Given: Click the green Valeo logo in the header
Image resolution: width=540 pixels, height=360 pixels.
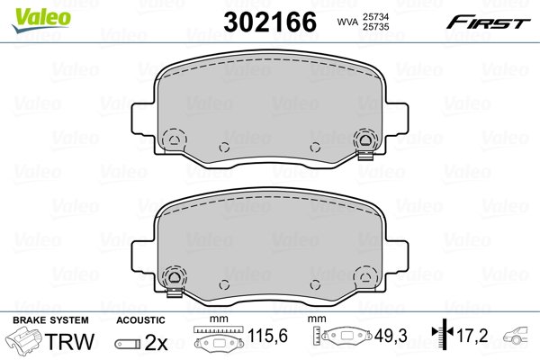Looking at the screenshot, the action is [41, 20].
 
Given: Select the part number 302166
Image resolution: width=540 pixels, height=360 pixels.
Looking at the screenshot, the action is [270, 22].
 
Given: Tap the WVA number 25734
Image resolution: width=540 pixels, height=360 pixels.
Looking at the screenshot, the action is [375, 16].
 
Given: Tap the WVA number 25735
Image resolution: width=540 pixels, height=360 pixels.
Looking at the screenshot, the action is [375, 27].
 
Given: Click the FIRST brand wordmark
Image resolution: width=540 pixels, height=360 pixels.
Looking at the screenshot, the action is [488, 22].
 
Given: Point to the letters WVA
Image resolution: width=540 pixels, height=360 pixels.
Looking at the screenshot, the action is [347, 22].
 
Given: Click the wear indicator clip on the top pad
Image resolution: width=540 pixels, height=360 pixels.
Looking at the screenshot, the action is [365, 156].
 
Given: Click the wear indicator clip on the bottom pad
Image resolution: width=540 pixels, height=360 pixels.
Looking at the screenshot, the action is [175, 292].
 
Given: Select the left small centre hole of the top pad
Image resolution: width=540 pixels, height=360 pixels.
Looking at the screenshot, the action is [224, 147].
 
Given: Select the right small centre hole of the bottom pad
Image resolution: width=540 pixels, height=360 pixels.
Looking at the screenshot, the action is [315, 284].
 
